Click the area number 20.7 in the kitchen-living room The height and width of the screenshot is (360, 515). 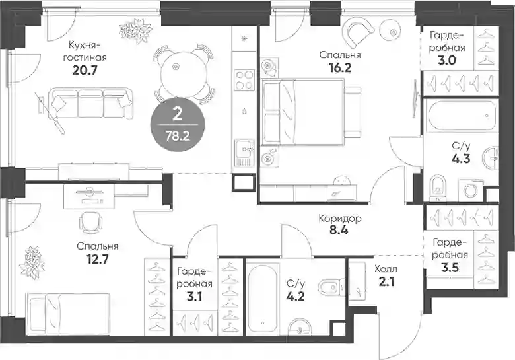point(85,70)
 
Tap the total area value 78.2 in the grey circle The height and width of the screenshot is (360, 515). point(178,135)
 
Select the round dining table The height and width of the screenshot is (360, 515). point(184,73)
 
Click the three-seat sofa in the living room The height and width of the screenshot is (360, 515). point(90,103)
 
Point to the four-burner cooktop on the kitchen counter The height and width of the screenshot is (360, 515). point(244,80)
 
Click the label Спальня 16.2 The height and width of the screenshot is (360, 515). point(340,61)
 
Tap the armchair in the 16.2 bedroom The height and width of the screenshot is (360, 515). point(358,32)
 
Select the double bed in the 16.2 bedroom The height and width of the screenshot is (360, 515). point(311,112)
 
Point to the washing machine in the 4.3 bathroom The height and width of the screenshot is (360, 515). point(473,190)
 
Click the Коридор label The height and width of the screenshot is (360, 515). point(340,219)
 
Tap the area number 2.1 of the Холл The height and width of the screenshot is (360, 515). point(386,282)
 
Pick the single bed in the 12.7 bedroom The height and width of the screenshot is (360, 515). point(69,314)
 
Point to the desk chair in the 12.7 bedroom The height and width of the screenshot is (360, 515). point(90,221)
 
